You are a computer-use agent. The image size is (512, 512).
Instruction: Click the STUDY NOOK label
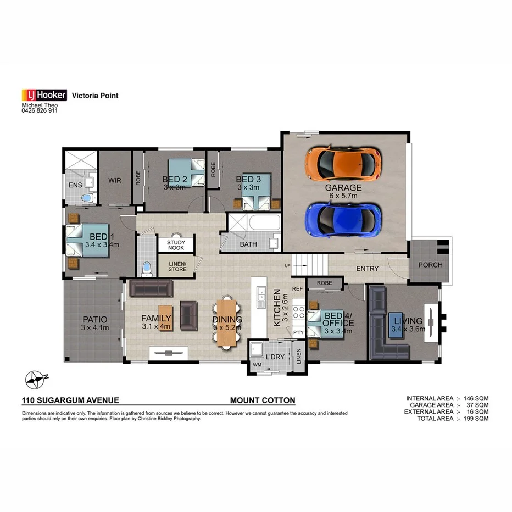pyautogui.click(x=176, y=245)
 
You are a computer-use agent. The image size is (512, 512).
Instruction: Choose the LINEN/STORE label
pyautogui.click(x=177, y=266)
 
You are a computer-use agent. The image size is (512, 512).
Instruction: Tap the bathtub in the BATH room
pyautogui.click(x=264, y=225)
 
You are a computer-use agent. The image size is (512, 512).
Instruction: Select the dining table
pyautogui.click(x=227, y=322)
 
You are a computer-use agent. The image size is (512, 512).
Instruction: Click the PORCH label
pyautogui.click(x=430, y=265)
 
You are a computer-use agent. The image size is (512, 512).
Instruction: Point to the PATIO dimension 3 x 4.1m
pyautogui.click(x=95, y=328)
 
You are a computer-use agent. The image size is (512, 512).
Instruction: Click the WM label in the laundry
pyautogui.click(x=257, y=364)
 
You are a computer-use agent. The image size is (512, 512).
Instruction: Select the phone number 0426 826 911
pyautogui.click(x=39, y=110)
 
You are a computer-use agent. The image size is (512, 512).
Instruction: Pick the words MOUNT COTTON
pyautogui.click(x=263, y=400)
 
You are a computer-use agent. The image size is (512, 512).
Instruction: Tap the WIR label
pyautogui.click(x=115, y=180)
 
